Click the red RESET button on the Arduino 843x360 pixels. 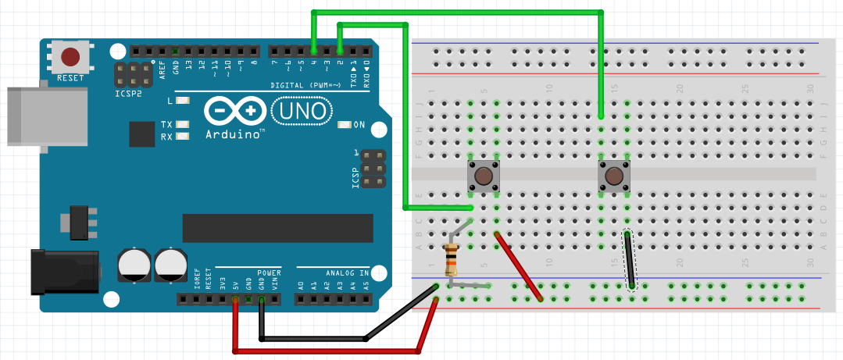pyautogui.click(x=70, y=57)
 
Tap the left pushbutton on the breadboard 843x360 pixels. pyautogui.click(x=483, y=177)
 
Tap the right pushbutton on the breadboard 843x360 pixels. pyautogui.click(x=614, y=176)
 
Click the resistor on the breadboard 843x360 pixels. pyautogui.click(x=451, y=260)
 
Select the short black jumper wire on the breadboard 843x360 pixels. pyautogui.click(x=629, y=260)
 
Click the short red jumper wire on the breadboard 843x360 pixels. pyautogui.click(x=519, y=266)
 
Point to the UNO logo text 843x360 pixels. pyautogui.click(x=300, y=111)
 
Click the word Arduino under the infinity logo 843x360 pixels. pyautogui.click(x=234, y=134)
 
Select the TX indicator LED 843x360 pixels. pyautogui.click(x=183, y=125)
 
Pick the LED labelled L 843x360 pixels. pyautogui.click(x=183, y=101)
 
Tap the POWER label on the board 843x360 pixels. pyautogui.click(x=269, y=273)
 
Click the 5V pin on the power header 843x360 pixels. pyautogui.click(x=235, y=299)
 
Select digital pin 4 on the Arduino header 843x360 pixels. pyautogui.click(x=313, y=52)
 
